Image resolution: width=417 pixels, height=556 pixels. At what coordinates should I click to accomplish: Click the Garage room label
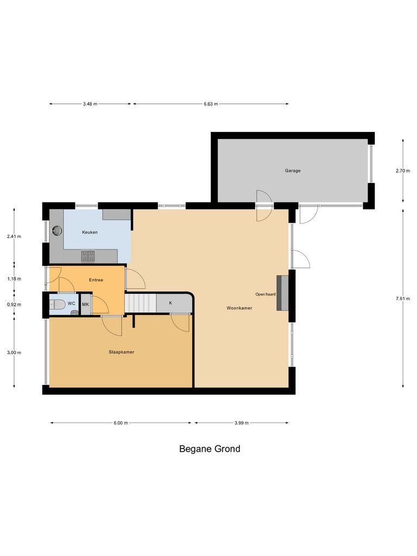293,170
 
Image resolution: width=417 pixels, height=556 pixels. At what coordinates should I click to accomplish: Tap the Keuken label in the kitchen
90,232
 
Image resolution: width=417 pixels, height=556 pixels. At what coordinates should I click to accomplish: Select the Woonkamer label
239,308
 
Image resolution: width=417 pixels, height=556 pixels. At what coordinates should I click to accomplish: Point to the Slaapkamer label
122,352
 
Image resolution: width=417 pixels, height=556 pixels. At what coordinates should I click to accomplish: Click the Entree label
96,280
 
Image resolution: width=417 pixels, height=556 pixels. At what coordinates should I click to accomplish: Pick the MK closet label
85,305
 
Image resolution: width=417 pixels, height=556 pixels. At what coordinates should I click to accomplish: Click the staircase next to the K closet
140,303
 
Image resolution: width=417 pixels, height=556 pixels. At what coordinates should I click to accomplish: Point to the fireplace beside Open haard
282,293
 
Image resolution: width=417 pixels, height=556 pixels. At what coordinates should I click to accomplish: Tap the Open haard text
266,294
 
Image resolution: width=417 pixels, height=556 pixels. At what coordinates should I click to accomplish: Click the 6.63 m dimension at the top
211,104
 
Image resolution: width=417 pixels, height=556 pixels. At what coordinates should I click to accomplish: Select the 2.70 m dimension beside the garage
402,170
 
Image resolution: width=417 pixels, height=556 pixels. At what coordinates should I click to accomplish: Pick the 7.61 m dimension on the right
402,299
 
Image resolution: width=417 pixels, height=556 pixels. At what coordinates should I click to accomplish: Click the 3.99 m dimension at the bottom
241,423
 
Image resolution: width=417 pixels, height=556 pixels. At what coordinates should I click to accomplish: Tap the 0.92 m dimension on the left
14,305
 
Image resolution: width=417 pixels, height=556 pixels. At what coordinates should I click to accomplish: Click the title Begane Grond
210,449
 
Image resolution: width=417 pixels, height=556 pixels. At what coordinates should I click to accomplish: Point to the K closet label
170,303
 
